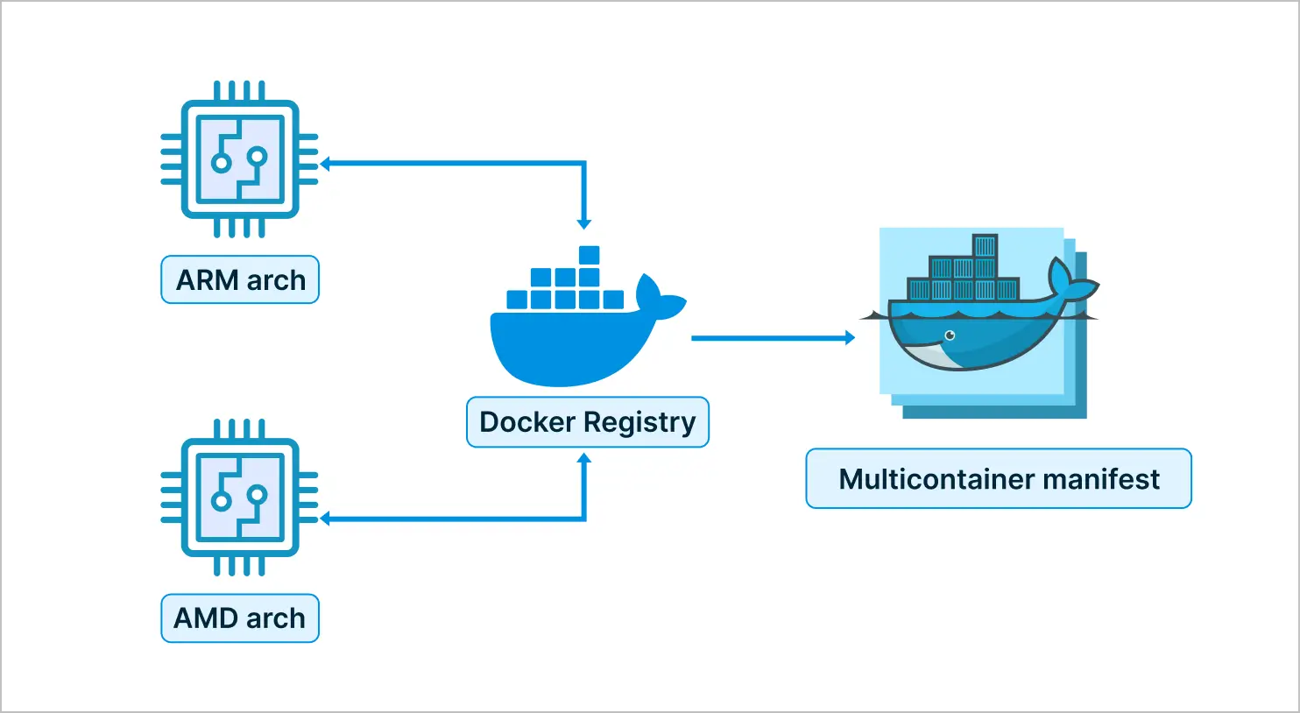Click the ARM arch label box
coord(240,279)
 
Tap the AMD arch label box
coord(240,618)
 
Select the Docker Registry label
coord(587,422)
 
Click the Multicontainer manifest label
coord(999,478)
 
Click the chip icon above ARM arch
coord(240,159)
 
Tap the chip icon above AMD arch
coord(240,498)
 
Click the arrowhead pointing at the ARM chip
coord(325,164)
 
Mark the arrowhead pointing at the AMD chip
coord(325,518)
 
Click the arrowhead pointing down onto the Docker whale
coord(583,224)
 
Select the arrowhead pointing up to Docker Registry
coord(583,458)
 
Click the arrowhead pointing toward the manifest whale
coord(850,337)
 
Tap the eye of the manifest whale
coord(950,335)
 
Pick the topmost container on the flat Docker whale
coord(589,255)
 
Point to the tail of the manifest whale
coord(1072,280)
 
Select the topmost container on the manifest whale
coord(985,246)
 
